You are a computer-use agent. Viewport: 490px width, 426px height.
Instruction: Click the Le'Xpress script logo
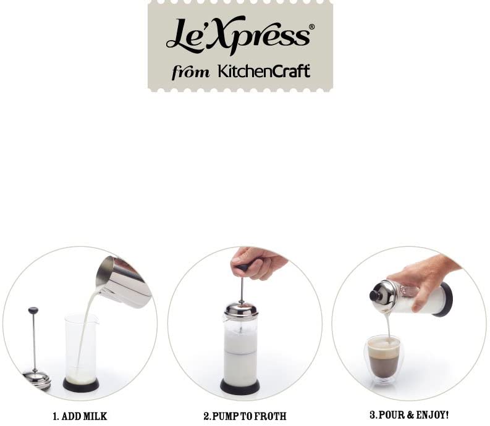239,35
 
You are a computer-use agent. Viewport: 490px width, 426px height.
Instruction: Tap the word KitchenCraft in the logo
264,71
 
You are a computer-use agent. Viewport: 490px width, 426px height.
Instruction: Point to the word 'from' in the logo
191,72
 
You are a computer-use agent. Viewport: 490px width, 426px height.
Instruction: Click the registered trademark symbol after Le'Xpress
311,27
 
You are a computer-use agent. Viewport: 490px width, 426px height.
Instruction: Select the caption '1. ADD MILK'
80,416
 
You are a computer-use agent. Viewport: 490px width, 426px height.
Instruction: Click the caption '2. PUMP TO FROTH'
245,416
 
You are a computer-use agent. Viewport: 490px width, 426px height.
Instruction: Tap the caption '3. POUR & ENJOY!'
409,415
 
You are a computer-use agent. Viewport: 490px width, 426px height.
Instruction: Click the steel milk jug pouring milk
124,282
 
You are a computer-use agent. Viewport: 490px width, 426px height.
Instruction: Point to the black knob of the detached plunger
33,310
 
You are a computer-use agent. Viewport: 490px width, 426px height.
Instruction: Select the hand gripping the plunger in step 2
258,262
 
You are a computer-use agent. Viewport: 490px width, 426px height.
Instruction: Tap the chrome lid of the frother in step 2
241,309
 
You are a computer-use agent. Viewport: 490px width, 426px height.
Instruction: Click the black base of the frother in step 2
240,387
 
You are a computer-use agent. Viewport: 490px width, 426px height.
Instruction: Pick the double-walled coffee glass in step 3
383,359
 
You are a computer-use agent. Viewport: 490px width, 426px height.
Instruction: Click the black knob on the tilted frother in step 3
374,296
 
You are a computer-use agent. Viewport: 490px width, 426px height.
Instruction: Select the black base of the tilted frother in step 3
446,300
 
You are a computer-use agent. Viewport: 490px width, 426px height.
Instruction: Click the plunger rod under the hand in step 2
242,290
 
